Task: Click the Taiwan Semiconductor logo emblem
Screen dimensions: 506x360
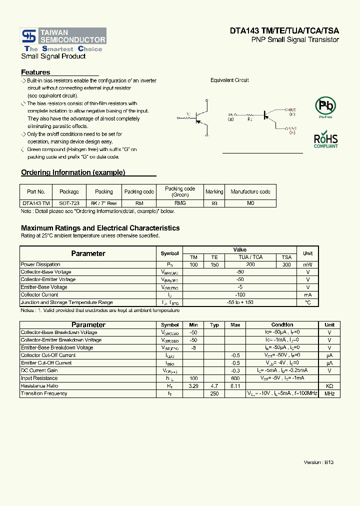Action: (29, 36)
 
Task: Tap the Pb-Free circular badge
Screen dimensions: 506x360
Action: (325, 106)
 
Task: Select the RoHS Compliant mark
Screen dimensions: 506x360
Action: (325, 140)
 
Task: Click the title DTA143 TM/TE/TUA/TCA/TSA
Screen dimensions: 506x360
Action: (284, 30)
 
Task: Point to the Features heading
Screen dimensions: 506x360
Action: (35, 72)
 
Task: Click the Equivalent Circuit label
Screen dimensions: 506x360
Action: (229, 80)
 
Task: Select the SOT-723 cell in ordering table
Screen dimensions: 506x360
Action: (69, 203)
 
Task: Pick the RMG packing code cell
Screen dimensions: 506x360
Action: (180, 203)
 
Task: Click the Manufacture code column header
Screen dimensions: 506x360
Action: (250, 191)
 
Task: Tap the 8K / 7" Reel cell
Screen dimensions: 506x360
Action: (103, 203)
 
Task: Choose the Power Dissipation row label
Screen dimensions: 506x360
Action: (40, 264)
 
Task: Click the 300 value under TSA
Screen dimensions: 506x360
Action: (286, 264)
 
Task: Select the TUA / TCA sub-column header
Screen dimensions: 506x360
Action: (250, 257)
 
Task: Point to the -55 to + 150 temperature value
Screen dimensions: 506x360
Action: (240, 302)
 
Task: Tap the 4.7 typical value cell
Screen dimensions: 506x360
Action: (214, 386)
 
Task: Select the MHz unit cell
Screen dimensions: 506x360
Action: (329, 393)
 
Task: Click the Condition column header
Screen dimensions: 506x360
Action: (282, 325)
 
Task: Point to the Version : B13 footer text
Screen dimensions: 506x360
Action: (318, 462)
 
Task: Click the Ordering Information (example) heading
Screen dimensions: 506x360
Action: (73, 172)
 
